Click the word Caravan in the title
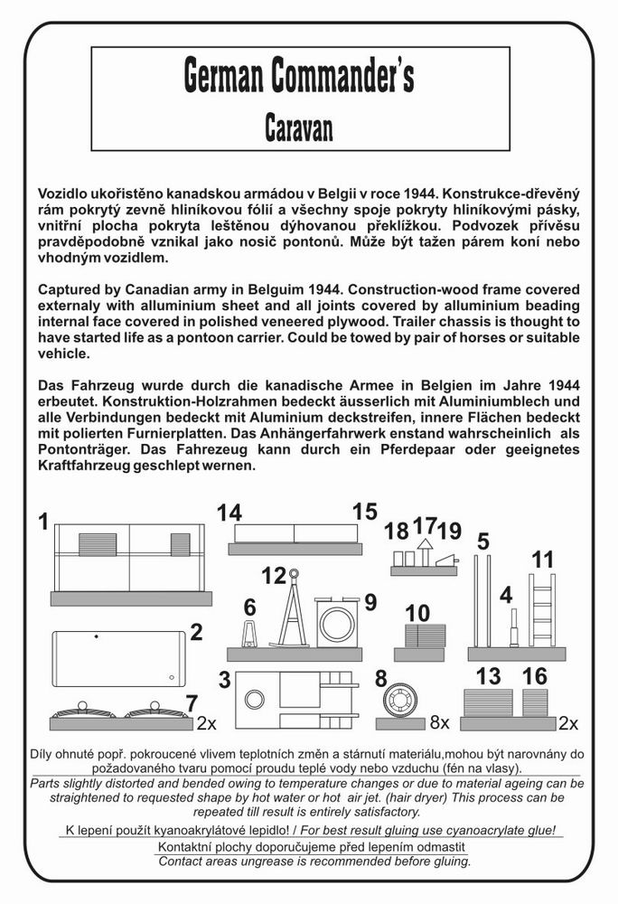point(298,127)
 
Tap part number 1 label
point(43,522)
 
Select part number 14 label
point(229,513)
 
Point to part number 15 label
point(364,512)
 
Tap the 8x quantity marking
point(439,722)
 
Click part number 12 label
point(273,576)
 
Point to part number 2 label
point(195,632)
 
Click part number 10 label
point(417,614)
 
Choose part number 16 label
point(535,676)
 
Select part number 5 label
point(483,541)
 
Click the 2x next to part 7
point(207,723)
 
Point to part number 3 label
point(225,680)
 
